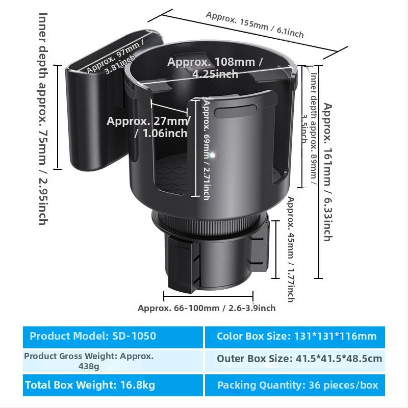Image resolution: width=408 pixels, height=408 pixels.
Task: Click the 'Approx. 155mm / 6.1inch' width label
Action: pos(254,24)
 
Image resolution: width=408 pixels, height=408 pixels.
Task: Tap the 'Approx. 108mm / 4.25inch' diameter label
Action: pos(215,68)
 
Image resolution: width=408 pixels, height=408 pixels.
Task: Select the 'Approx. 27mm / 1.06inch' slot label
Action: pos(148,127)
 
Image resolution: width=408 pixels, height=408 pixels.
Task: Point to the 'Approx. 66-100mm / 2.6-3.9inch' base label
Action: pos(207,308)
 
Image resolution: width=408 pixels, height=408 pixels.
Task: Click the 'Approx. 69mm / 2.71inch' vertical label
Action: pos(206,148)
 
